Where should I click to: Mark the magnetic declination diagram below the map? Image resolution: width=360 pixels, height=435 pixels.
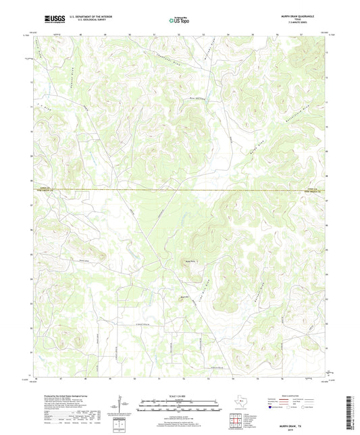(121, 409)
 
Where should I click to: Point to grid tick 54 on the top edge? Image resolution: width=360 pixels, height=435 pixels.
(228, 32)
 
